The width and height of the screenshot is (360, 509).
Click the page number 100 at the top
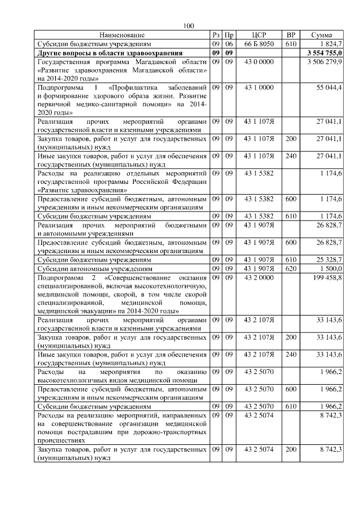(188, 26)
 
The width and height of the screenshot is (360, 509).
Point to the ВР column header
(291, 35)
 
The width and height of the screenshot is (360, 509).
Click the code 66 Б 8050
(259, 43)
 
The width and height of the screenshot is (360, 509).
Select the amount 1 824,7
(330, 43)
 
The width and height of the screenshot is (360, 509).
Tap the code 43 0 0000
(259, 60)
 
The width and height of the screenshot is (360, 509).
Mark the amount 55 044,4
(330, 88)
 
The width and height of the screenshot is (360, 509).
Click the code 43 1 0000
(259, 88)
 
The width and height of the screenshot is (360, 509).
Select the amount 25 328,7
(330, 260)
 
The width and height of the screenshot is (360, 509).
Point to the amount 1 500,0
(331, 269)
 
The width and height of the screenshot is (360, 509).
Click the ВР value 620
(291, 269)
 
